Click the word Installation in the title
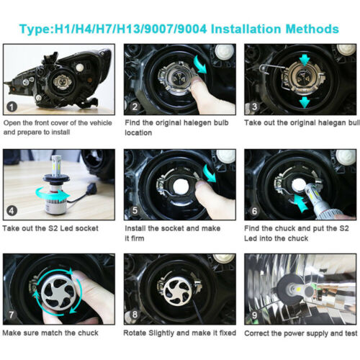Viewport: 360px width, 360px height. click(x=246, y=29)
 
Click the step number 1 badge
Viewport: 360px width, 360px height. click(x=12, y=107)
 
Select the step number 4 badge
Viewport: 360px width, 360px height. click(x=12, y=211)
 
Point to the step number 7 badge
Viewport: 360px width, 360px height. click(x=12, y=315)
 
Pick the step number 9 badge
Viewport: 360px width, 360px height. click(x=254, y=315)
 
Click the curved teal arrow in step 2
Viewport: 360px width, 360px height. click(x=200, y=63)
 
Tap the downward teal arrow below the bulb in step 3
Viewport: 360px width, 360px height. click(x=305, y=102)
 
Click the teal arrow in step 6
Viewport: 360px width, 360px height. click(x=300, y=203)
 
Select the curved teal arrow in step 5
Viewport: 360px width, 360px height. click(x=210, y=174)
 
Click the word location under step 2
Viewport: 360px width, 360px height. click(x=138, y=132)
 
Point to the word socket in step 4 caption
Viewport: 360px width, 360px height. click(x=86, y=228)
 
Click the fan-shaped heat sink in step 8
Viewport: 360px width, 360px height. click(x=178, y=291)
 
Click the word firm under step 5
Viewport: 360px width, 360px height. click(x=138, y=238)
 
